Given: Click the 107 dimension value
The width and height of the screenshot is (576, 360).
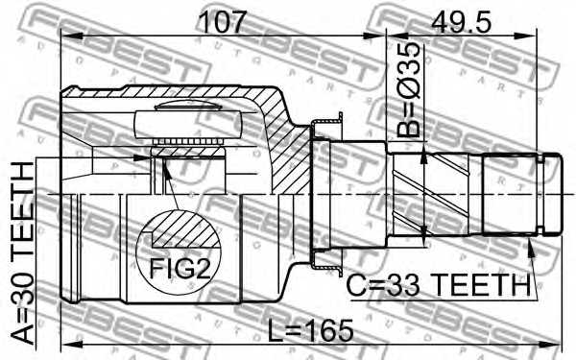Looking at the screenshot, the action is pyautogui.click(x=223, y=22).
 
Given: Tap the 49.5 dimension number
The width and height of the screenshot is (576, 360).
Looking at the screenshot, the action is pyautogui.click(x=461, y=22).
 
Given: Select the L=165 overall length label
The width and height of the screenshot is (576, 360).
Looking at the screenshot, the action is pyautogui.click(x=310, y=330).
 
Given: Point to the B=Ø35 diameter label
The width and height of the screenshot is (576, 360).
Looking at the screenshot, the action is pyautogui.click(x=409, y=89).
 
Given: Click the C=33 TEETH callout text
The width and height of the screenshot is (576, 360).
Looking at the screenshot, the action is pyautogui.click(x=439, y=285).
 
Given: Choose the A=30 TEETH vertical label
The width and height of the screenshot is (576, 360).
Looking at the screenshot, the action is pyautogui.click(x=23, y=253).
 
